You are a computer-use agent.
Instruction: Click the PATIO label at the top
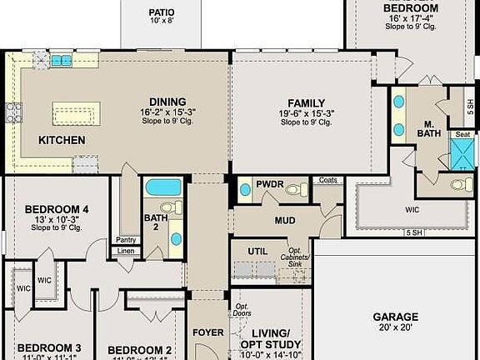click(162, 12)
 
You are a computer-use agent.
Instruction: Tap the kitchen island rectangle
click(76, 112)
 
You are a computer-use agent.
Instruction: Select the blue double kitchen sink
click(62, 61)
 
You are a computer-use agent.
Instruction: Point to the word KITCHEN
click(62, 141)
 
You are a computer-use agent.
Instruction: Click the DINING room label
click(162, 101)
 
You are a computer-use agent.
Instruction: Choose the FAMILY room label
click(306, 101)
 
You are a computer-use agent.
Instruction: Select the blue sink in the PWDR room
click(245, 190)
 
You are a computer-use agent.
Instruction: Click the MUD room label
click(286, 221)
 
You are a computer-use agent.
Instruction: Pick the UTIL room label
click(257, 251)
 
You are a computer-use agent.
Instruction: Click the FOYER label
click(208, 332)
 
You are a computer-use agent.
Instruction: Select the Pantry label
click(126, 240)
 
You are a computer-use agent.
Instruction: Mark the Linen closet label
click(126, 251)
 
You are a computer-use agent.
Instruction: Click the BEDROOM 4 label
click(57, 208)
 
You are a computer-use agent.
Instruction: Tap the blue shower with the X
click(462, 154)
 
